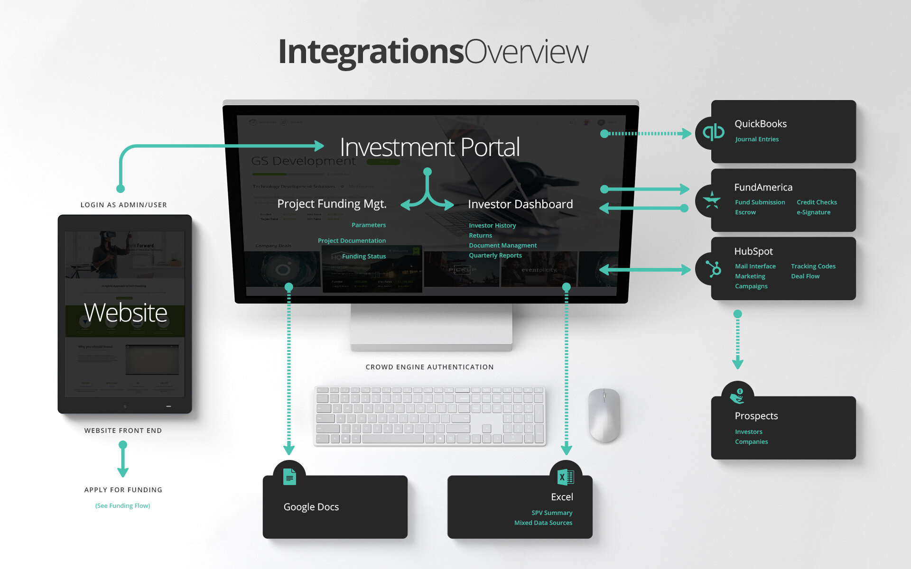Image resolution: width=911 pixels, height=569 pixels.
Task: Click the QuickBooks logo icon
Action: pyautogui.click(x=713, y=132)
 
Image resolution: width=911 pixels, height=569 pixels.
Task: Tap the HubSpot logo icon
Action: pyautogui.click(x=713, y=269)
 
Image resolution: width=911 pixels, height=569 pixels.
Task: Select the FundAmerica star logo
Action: pyautogui.click(x=712, y=200)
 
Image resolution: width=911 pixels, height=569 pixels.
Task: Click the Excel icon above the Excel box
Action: pyautogui.click(x=566, y=477)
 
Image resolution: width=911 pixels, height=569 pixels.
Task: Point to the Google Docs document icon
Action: pyautogui.click(x=289, y=477)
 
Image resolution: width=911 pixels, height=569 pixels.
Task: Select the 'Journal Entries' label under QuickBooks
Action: pyautogui.click(x=757, y=139)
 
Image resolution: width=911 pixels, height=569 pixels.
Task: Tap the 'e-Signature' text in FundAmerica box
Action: pyautogui.click(x=813, y=212)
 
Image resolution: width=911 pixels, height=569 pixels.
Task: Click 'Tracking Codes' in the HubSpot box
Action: pyautogui.click(x=813, y=266)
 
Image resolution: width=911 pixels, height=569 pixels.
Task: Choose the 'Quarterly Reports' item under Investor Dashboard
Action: pyautogui.click(x=495, y=256)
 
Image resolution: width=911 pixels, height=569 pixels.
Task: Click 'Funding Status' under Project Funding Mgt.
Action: pyautogui.click(x=364, y=257)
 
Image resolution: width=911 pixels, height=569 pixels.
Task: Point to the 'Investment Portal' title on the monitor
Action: pyautogui.click(x=429, y=147)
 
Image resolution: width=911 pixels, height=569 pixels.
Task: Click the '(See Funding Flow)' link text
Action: pyautogui.click(x=122, y=506)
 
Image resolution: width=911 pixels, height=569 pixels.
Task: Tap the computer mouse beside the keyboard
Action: pyautogui.click(x=604, y=415)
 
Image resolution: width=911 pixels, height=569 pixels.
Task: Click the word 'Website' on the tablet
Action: pyautogui.click(x=125, y=313)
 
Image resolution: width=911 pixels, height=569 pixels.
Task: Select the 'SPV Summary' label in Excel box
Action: pyautogui.click(x=552, y=513)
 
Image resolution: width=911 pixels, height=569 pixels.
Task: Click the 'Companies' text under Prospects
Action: pyautogui.click(x=751, y=442)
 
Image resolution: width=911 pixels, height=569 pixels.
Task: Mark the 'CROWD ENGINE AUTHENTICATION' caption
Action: pyautogui.click(x=429, y=367)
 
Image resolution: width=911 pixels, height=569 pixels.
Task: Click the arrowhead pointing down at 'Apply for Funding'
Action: pyautogui.click(x=123, y=472)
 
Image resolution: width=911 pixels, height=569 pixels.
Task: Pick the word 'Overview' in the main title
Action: pyautogui.click(x=526, y=52)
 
